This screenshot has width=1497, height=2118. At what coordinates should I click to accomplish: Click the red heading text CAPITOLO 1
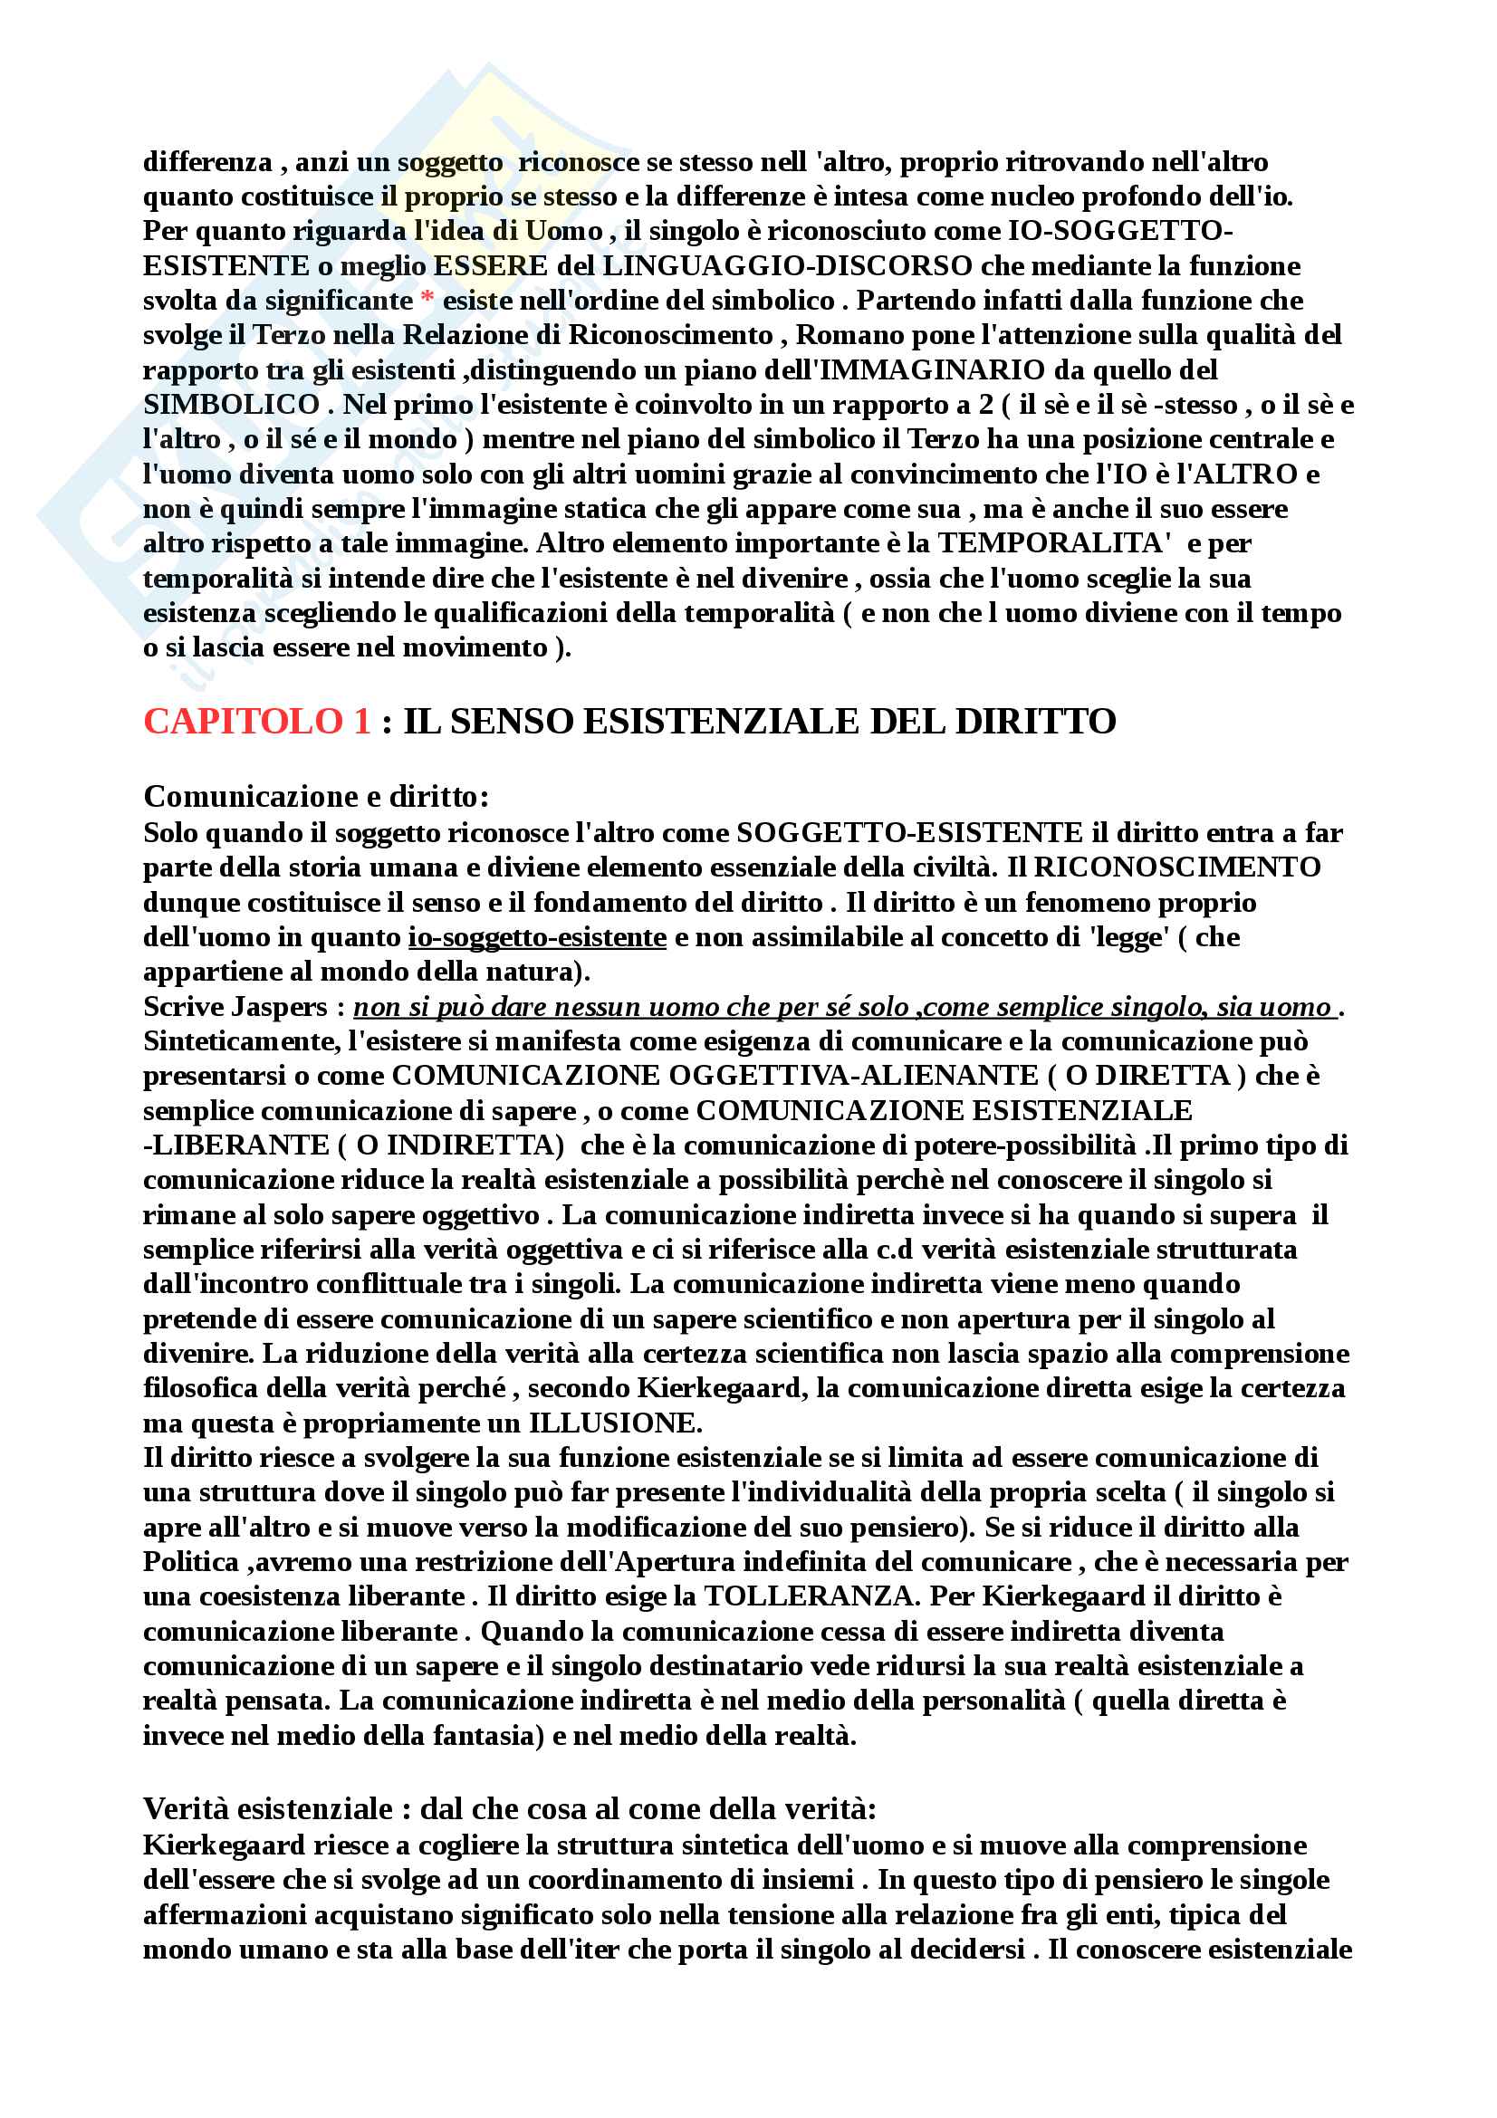[256, 722]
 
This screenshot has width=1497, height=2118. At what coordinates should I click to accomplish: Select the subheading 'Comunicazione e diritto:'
[315, 796]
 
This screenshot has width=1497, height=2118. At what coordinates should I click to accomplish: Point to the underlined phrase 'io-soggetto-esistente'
[537, 937]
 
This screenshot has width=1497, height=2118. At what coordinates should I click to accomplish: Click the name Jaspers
[282, 1006]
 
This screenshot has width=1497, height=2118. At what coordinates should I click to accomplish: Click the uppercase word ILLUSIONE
[614, 1423]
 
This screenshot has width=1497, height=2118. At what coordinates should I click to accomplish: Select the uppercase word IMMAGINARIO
[932, 370]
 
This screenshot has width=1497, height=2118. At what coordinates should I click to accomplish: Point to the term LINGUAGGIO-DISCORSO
[787, 265]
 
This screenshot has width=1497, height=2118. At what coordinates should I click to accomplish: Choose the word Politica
[191, 1562]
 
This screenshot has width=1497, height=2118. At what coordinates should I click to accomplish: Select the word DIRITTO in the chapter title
[1035, 722]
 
